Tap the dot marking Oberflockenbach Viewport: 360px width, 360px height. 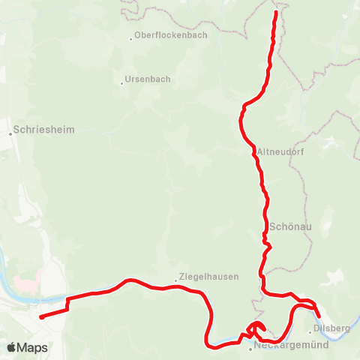pos(131,37)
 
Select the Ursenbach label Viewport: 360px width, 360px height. pos(148,79)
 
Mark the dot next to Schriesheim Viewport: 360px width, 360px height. pos(12,133)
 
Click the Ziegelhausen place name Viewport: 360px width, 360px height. pos(210,276)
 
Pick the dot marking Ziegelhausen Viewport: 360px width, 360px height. pos(176,280)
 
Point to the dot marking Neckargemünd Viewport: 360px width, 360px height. pos(251,348)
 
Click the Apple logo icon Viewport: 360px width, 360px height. pos(11,348)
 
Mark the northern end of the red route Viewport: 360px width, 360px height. pos(276,13)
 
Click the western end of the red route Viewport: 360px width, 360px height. pos(40,316)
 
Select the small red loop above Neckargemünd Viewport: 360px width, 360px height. pos(256,327)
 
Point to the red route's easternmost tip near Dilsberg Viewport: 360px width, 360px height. pos(319,317)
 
